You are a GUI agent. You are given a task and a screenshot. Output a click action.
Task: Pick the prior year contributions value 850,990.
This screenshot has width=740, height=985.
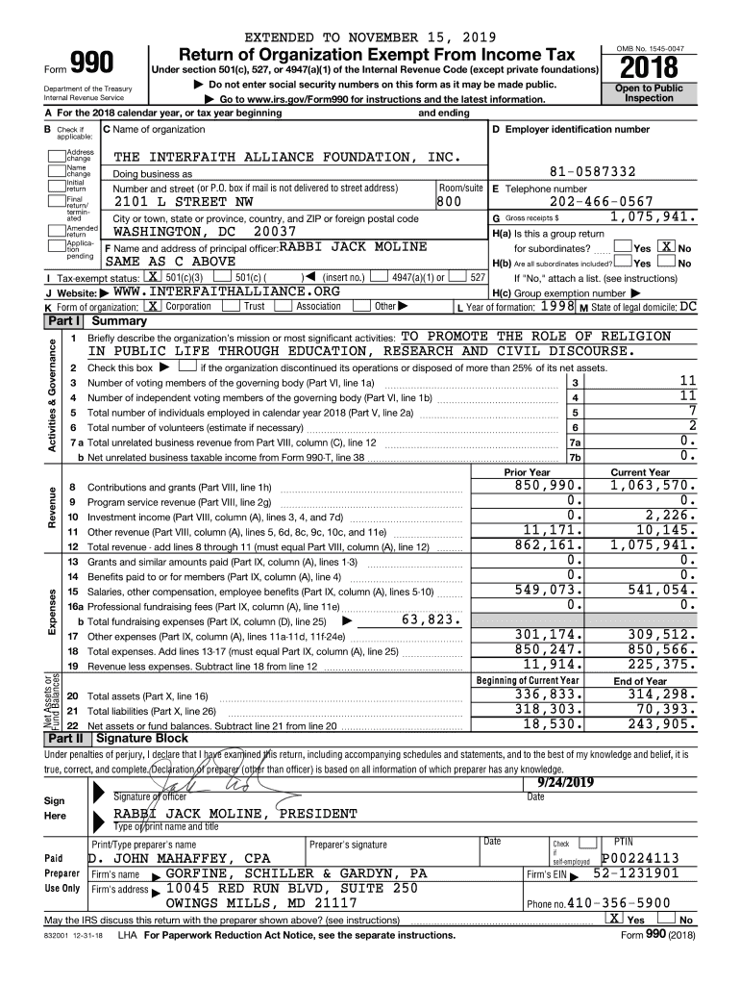pyautogui.click(x=544, y=487)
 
